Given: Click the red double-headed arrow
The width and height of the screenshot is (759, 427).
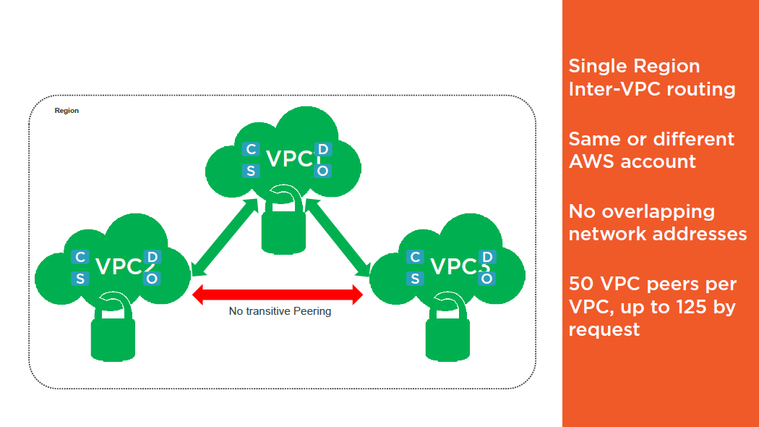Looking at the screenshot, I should pos(278,294).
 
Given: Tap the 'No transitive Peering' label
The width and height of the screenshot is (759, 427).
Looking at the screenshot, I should pos(280,311).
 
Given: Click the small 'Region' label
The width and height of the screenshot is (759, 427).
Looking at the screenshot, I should pos(67,111).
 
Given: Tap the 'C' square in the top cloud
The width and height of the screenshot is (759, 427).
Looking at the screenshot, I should pos(251,149).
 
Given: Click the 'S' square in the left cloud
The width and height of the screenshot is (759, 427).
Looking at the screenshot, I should pos(80,279).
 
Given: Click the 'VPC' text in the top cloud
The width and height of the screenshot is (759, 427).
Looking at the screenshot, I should pos(288,158).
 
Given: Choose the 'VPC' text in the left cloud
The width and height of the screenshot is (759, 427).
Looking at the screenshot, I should pos(118,266).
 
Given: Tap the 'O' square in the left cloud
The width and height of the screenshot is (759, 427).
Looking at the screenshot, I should pos(152,279).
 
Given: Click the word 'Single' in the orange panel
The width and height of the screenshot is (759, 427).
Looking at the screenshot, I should pos(596,66).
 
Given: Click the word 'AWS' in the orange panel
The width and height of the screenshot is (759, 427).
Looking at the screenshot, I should pos(591,161).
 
